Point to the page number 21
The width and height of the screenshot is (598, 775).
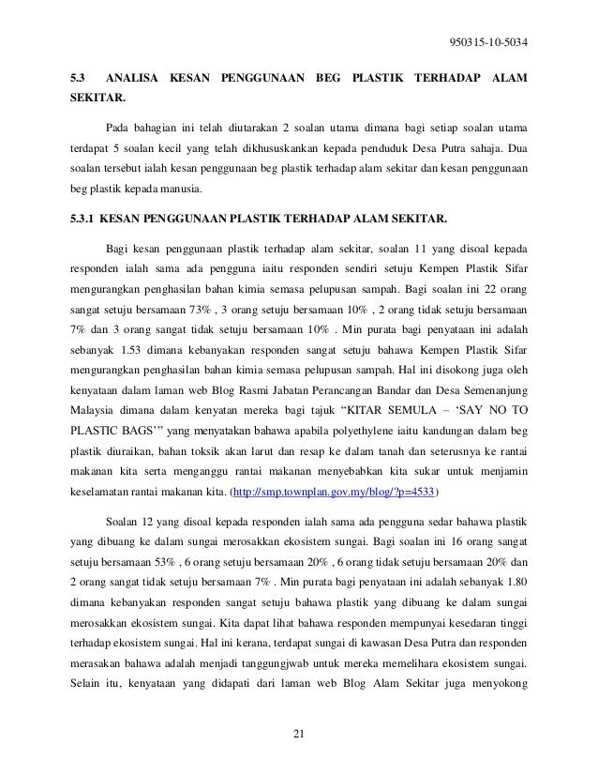tap(298, 733)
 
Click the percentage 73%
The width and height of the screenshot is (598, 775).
tap(180, 309)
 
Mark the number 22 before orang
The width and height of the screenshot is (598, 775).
tap(486, 286)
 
